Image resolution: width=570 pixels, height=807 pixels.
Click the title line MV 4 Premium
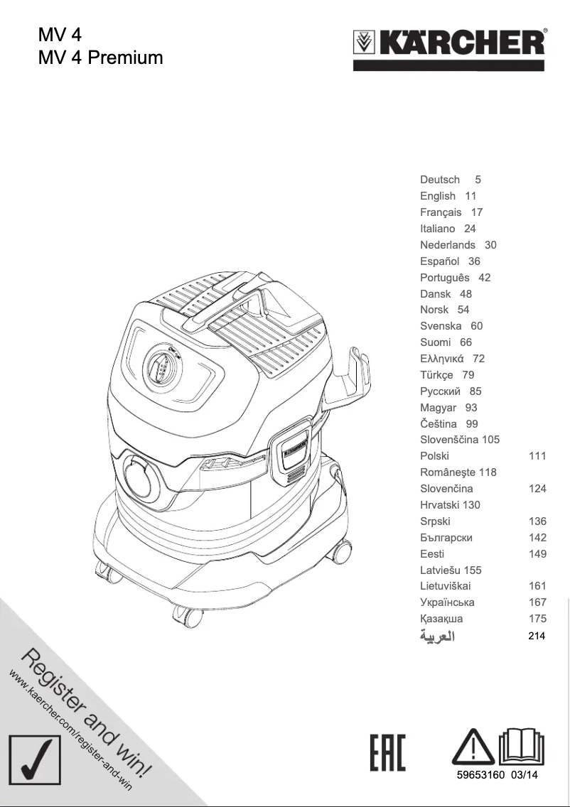100,57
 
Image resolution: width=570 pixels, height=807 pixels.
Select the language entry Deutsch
440,180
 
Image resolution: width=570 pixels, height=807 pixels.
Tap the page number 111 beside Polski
537,456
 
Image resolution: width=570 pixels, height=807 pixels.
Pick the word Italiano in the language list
438,229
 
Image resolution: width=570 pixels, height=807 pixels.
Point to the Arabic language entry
437,636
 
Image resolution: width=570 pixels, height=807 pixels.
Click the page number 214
537,636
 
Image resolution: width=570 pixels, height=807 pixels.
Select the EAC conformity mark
388,754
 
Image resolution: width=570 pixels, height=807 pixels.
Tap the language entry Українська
447,602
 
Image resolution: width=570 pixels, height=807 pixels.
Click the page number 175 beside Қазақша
537,619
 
